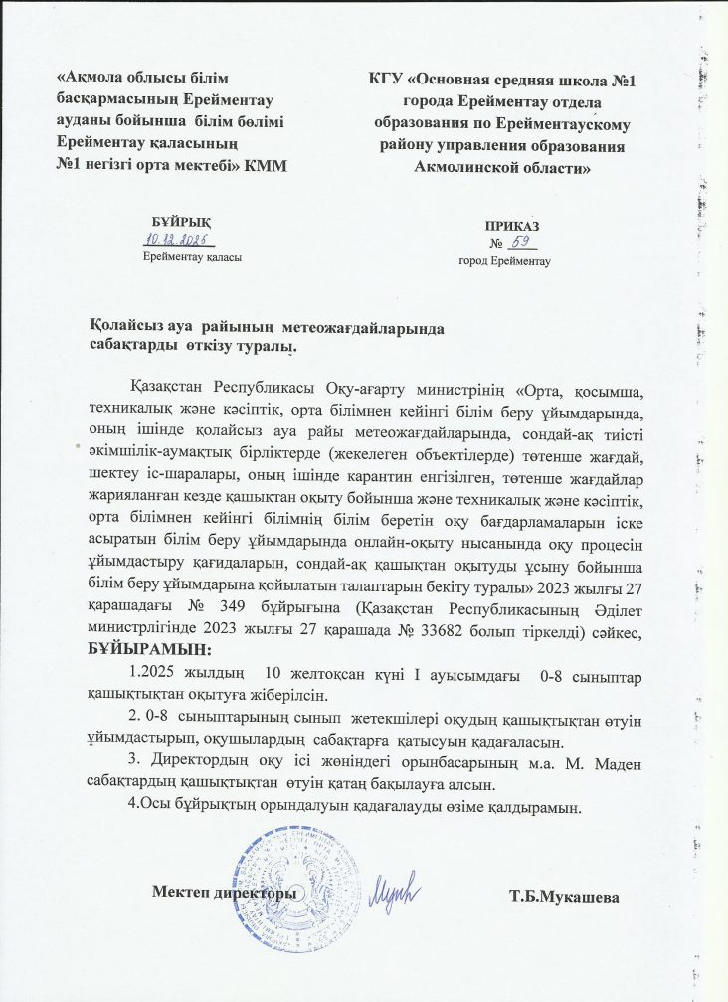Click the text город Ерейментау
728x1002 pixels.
coord(504,260)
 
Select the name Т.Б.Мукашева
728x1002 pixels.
coord(565,899)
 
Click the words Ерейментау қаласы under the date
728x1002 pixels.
coord(192,256)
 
